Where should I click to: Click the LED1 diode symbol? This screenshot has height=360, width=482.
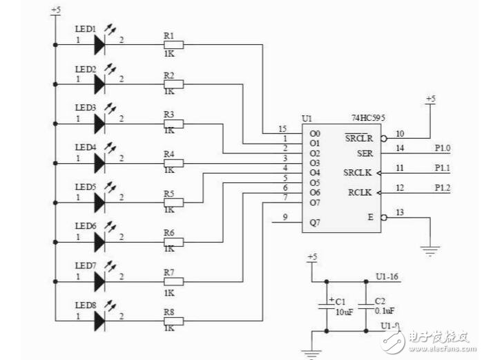[x=98, y=45]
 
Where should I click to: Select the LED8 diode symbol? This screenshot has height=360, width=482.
[x=98, y=320]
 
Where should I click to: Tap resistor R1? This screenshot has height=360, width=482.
[x=173, y=45]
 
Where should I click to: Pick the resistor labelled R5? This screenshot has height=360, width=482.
[x=173, y=202]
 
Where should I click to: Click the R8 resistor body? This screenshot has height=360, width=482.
[x=173, y=320]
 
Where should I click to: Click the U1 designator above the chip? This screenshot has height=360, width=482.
[x=307, y=119]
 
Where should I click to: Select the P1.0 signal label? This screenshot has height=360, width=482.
[x=443, y=148]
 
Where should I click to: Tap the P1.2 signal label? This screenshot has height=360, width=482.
[x=443, y=187]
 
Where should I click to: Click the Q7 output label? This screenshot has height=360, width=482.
[x=315, y=222]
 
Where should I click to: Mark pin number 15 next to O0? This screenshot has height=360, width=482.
[x=282, y=129]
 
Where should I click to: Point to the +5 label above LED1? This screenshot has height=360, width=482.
[x=55, y=10]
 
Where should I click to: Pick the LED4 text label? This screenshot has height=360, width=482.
[x=85, y=147]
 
